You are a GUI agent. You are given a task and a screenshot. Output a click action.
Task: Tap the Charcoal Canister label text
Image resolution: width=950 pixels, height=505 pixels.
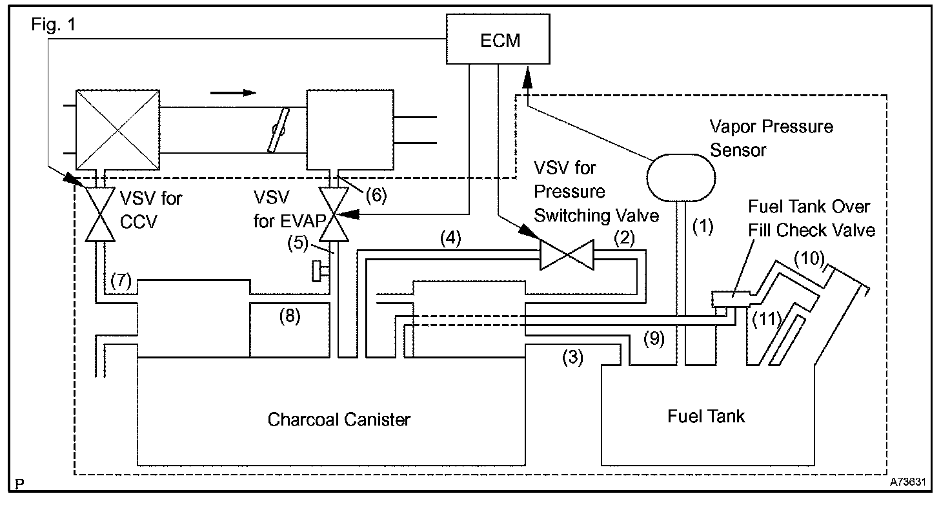point(339,420)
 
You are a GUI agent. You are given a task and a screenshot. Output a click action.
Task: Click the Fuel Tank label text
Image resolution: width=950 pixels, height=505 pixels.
point(705,416)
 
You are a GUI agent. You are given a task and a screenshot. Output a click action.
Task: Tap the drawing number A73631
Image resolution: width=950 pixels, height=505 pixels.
point(908,482)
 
